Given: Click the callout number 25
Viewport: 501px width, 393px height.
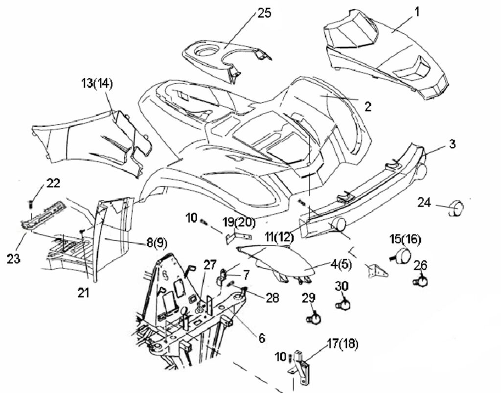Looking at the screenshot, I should tap(264, 13).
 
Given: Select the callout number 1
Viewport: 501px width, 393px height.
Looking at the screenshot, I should tap(417, 12).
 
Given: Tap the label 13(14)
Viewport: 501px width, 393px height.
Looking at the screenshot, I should tap(96, 84).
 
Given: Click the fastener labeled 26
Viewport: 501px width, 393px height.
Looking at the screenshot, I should tap(420, 281).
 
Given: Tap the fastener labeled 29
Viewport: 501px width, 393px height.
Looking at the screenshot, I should tap(314, 319).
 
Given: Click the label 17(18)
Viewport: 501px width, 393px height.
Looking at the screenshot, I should tap(342, 344).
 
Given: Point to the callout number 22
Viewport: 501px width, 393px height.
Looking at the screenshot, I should tap(53, 183).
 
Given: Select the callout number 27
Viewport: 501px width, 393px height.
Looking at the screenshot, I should tap(210, 266).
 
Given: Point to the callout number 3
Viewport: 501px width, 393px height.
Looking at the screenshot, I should tap(452, 144).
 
